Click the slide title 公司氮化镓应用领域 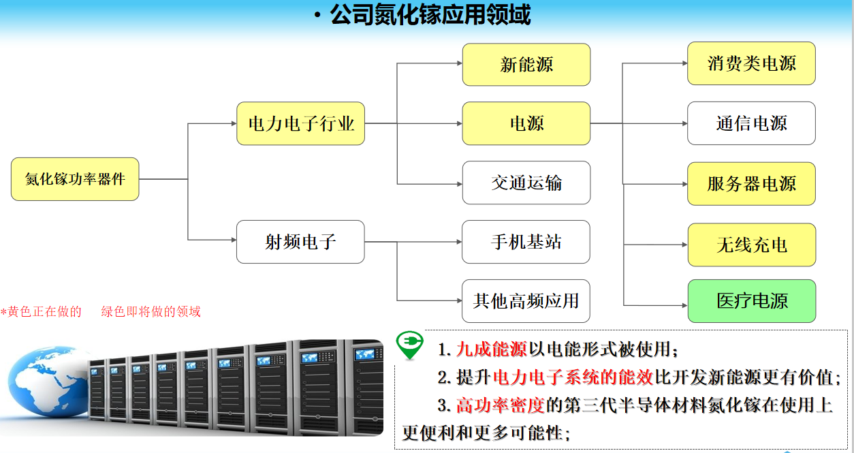[x=429, y=15]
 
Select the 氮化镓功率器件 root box [x=75, y=179]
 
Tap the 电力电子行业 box [x=300, y=123]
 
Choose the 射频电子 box [x=300, y=242]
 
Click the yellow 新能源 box [x=526, y=65]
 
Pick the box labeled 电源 [x=526, y=123]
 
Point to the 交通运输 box [x=526, y=183]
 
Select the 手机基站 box [x=526, y=242]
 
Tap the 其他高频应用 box [x=526, y=300]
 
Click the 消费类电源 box [x=751, y=63]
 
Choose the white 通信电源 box [x=751, y=123]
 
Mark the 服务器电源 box [x=751, y=183]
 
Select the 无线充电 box [x=751, y=245]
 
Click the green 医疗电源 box [x=751, y=300]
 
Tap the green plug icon [x=409, y=345]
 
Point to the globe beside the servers [x=44, y=385]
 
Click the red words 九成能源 [x=491, y=350]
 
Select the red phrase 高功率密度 [x=500, y=405]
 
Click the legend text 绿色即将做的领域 [x=151, y=312]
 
